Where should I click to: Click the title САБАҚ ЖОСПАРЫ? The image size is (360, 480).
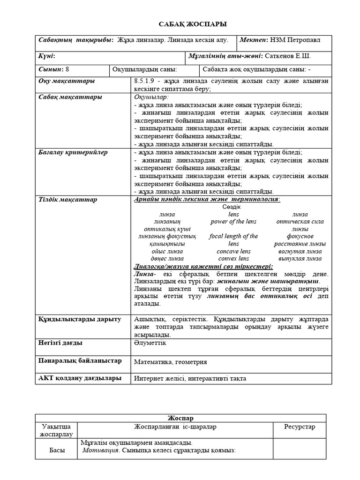point(180,24)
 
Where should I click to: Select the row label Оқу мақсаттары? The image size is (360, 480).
point(66,81)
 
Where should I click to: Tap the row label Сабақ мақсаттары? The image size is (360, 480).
point(70,97)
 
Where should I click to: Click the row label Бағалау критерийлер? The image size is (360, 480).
point(73,152)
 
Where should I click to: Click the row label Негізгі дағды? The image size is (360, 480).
point(60,343)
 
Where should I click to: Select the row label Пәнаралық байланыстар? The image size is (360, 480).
point(80,361)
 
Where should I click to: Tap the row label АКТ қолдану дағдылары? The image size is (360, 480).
point(80,378)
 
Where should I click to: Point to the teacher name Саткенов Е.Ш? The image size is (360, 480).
point(287,56)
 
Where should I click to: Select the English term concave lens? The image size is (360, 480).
point(233,251)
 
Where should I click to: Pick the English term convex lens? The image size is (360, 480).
point(233,258)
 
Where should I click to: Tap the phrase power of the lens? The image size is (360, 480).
point(233,221)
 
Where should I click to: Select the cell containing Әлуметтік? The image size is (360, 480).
point(150,343)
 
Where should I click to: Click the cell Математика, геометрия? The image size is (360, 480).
point(170,362)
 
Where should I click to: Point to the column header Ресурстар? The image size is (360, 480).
point(300,427)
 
